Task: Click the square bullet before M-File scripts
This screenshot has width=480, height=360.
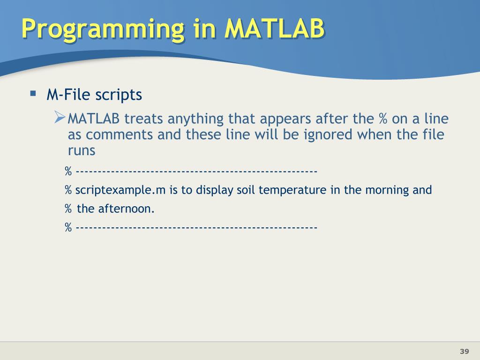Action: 33,93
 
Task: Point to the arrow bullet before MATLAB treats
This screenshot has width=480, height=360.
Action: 60,117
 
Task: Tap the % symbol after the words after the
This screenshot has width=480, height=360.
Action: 383,119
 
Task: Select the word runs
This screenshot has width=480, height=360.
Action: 82,151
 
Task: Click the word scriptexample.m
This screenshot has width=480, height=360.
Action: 120,190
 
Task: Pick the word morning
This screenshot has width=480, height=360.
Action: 387,190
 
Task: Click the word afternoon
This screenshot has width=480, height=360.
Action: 126,209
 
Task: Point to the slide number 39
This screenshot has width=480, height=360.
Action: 465,351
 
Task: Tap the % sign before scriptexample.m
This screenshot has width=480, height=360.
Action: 68,190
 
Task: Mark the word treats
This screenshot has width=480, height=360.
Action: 143,119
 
